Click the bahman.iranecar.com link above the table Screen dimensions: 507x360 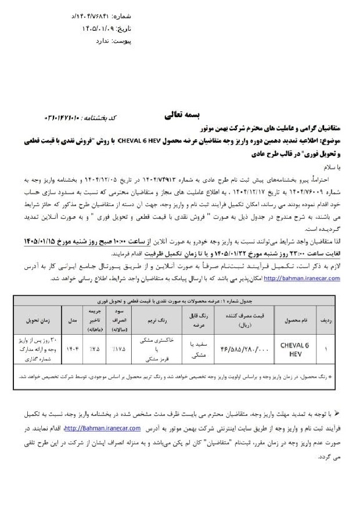(301, 278)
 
